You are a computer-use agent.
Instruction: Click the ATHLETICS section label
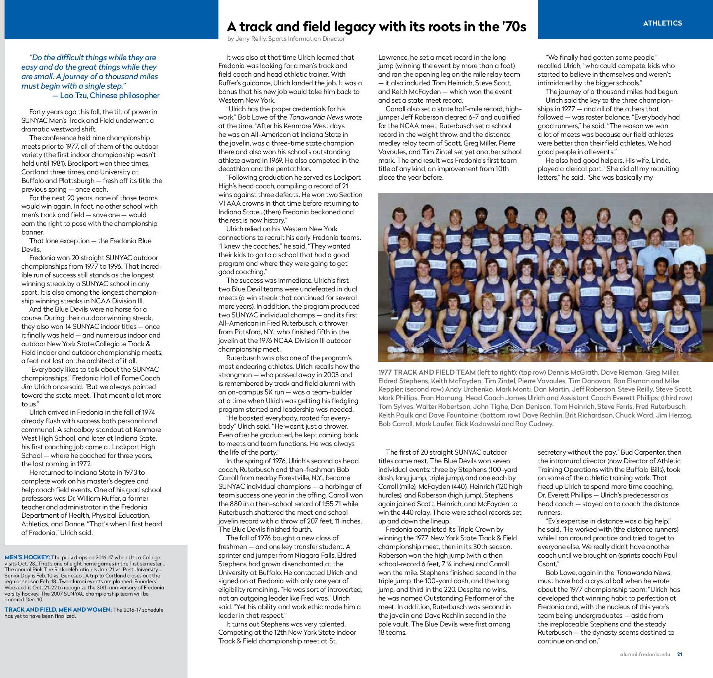(x=662, y=23)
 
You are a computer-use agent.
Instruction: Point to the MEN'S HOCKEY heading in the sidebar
(x=27, y=557)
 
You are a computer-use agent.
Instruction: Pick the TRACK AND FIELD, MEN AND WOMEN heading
(x=58, y=610)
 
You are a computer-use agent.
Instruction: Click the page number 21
(x=680, y=654)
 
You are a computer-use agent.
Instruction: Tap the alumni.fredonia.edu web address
(x=645, y=654)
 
